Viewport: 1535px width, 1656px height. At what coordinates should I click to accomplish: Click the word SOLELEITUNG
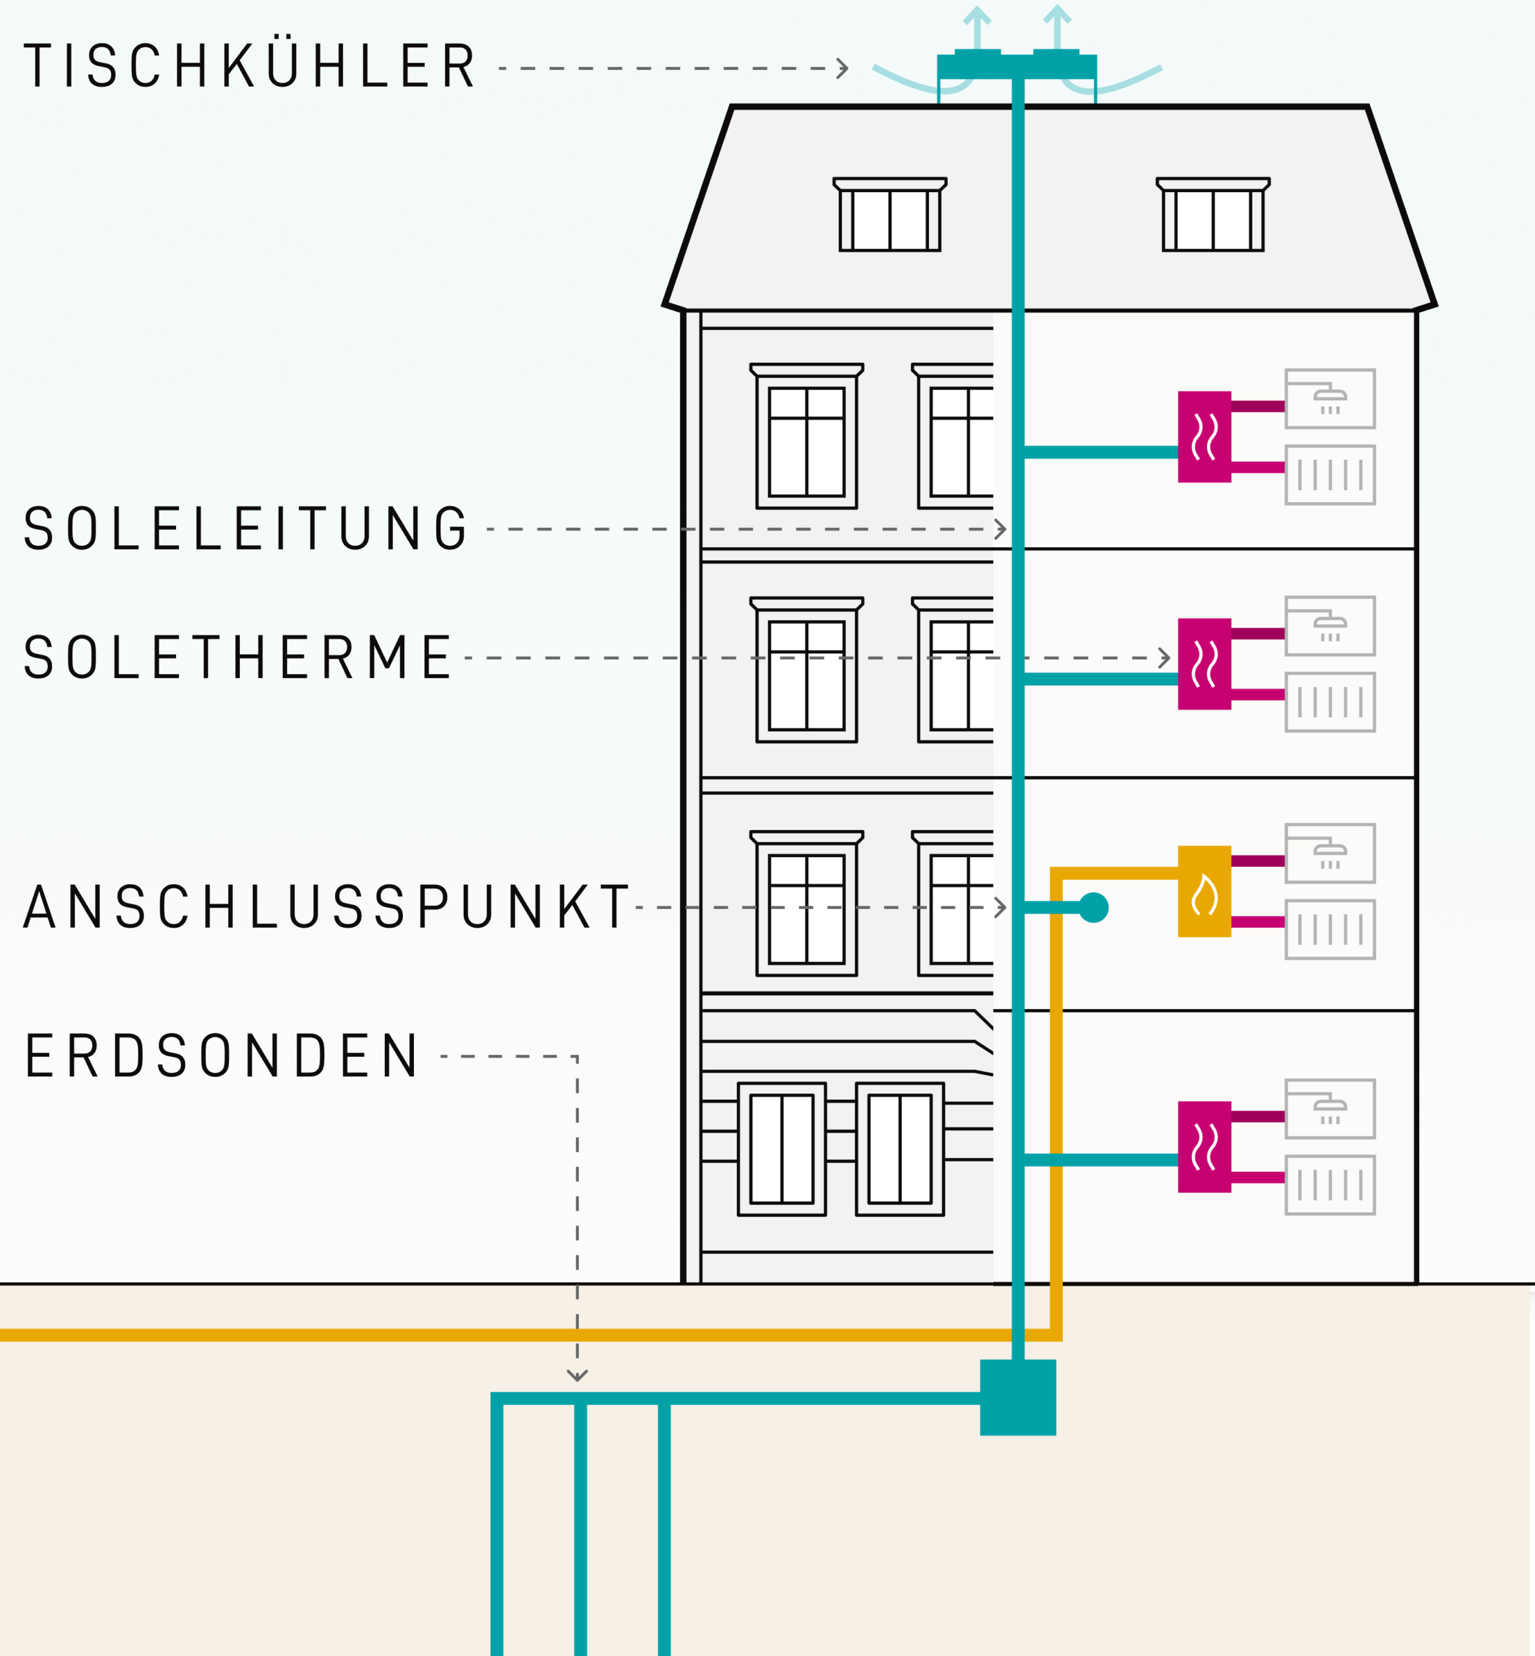click(x=246, y=528)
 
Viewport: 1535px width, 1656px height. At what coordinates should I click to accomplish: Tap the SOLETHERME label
click(x=237, y=657)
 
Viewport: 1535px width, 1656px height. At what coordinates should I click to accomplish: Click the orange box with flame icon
click(x=1204, y=891)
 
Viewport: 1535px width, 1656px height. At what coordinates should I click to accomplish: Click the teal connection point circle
click(x=1093, y=908)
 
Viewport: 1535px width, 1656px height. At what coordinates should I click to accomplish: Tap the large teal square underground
click(x=1018, y=1397)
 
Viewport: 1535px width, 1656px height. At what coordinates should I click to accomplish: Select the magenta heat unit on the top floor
click(x=1204, y=437)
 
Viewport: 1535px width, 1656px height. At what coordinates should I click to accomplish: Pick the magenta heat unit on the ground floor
click(x=1204, y=1147)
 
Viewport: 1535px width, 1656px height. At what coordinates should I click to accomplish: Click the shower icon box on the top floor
click(x=1330, y=398)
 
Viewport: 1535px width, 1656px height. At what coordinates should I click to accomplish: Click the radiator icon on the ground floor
click(x=1330, y=1185)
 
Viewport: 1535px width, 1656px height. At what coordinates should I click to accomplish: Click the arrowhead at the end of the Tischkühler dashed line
click(x=842, y=68)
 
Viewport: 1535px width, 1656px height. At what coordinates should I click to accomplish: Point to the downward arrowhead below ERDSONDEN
click(x=577, y=1375)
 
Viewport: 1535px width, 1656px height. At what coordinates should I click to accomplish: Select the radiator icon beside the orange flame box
click(x=1330, y=930)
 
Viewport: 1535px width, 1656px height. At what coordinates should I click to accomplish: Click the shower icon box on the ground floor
click(x=1330, y=1109)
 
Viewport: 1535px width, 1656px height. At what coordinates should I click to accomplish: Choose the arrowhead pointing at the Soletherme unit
click(x=1164, y=658)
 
